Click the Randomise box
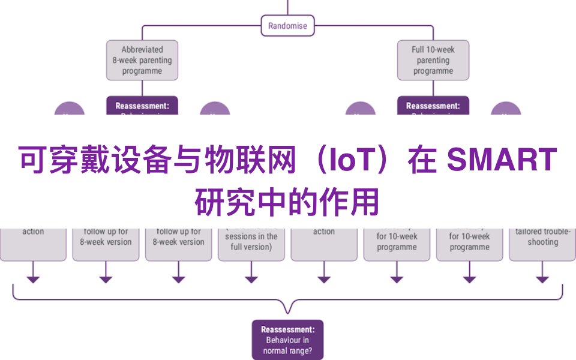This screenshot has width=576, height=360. (x=287, y=26)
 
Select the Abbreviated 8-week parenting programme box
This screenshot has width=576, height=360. (x=142, y=60)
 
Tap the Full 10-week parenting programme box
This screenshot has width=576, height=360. (x=433, y=60)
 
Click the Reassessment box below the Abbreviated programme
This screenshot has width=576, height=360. (x=142, y=106)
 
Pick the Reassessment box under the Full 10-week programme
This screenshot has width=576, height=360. (x=433, y=106)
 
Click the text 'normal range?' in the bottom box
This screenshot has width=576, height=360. (x=287, y=351)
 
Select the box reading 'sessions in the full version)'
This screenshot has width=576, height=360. (x=251, y=241)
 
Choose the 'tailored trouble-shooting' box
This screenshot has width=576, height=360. (x=542, y=238)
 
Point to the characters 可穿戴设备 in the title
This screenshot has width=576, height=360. (x=79, y=161)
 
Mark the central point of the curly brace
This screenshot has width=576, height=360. (x=287, y=308)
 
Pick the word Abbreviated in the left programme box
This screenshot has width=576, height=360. (x=142, y=50)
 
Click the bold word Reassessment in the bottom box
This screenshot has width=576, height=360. (x=287, y=329)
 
